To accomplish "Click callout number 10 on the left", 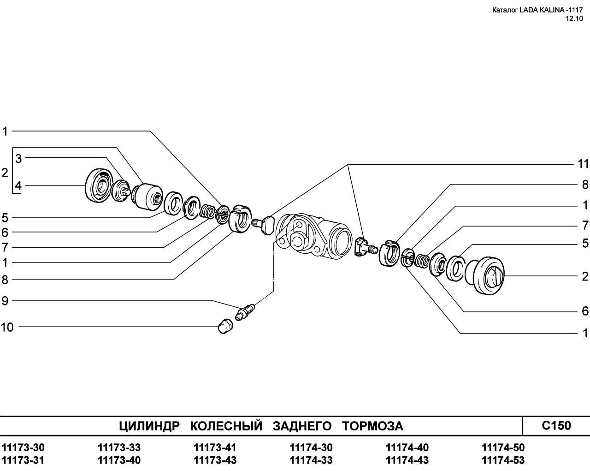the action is coord(7,327).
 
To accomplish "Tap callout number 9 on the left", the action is coord(5,301).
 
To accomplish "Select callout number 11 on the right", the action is coord(583,164).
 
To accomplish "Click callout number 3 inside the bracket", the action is coord(18,159).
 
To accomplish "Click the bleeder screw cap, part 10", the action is coord(225,326).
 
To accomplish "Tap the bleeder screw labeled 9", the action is coord(245,312).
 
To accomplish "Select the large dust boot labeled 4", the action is coord(99,185).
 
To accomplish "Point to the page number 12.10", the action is coord(574,18).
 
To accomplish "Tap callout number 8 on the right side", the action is coord(585,185).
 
